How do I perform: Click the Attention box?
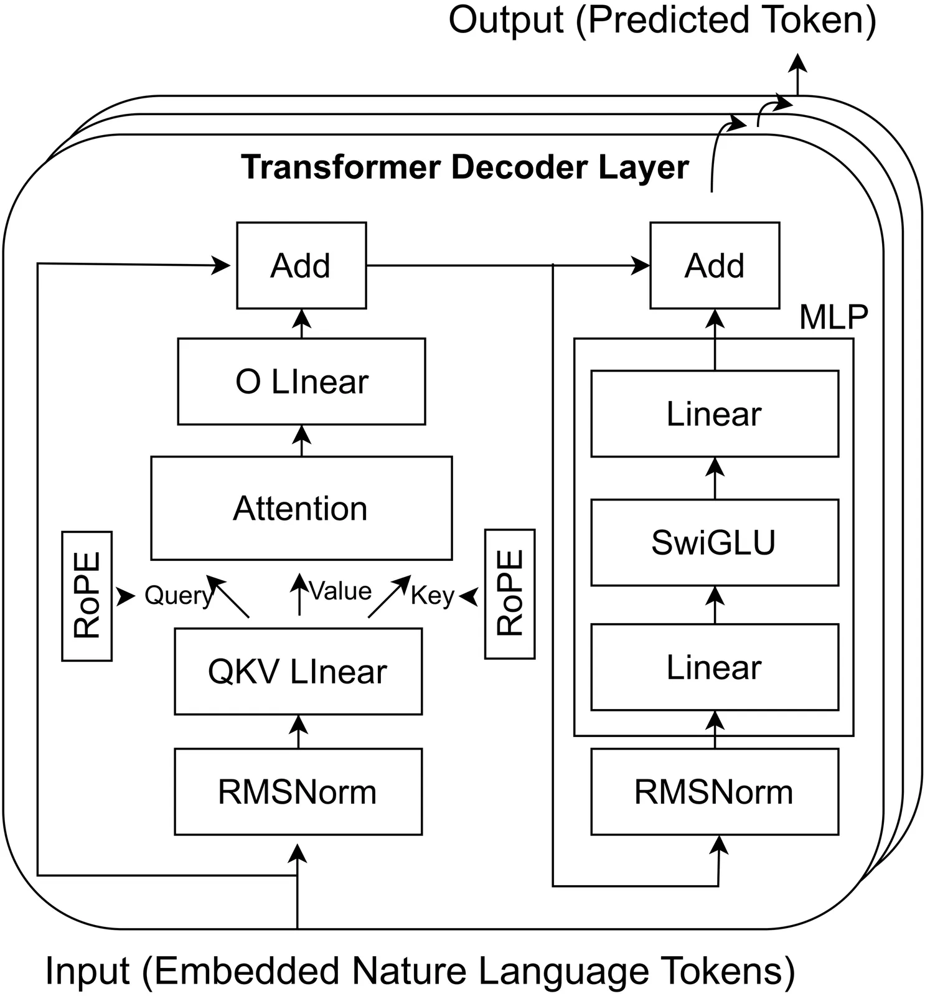(x=301, y=508)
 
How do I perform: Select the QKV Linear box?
(x=298, y=671)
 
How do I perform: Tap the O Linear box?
(x=301, y=381)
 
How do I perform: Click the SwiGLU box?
(x=714, y=542)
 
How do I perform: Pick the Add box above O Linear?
(x=301, y=265)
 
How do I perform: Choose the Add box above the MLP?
(x=715, y=265)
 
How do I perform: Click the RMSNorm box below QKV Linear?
(x=298, y=791)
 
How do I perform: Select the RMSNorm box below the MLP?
(x=714, y=791)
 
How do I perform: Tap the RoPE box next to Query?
(x=87, y=596)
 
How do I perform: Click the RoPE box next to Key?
(x=510, y=594)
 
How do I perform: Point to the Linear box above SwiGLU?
(x=714, y=413)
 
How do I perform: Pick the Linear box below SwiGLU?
(x=714, y=667)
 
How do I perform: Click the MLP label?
(x=833, y=317)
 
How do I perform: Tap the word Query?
(x=178, y=596)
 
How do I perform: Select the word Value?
(x=340, y=591)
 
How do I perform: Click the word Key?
(x=432, y=596)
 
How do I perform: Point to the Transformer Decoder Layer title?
(x=464, y=167)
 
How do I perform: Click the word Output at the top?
(x=505, y=20)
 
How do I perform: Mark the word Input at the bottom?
(x=87, y=970)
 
